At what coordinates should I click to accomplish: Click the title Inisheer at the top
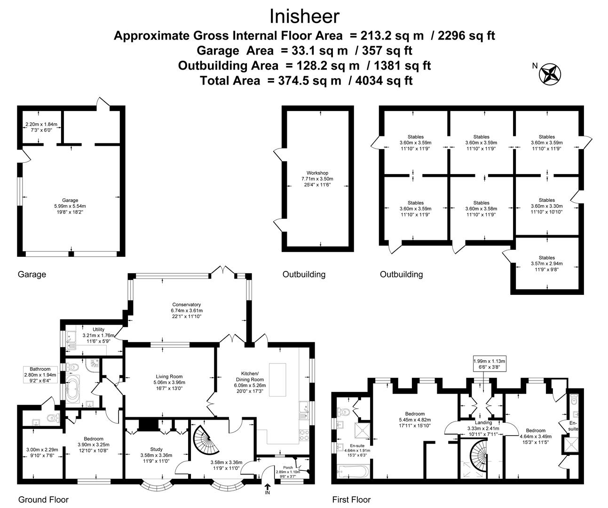click(304, 16)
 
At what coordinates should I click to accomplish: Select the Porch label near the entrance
click(288, 468)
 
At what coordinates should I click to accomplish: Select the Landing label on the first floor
click(483, 422)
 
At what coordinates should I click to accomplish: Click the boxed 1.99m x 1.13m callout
click(489, 364)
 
